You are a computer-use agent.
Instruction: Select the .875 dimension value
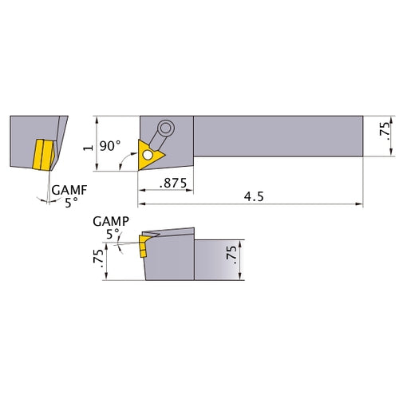coord(173,183)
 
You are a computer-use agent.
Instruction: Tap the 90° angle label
coord(110,147)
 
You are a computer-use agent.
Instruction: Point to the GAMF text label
coord(67,190)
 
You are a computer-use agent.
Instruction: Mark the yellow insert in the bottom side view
coord(144,245)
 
